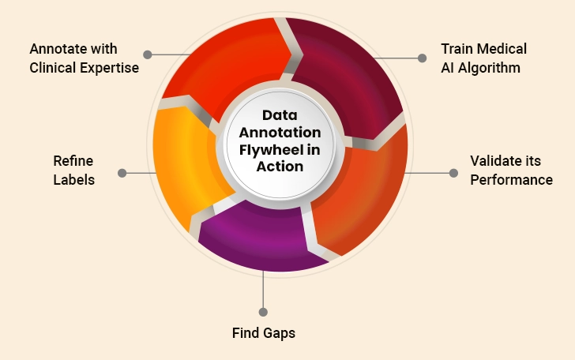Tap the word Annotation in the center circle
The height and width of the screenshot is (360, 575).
(x=280, y=132)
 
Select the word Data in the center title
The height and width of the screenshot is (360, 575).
(x=280, y=115)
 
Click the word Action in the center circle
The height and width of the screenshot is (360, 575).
(x=280, y=166)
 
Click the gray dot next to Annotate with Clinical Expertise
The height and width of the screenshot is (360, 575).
(x=148, y=54)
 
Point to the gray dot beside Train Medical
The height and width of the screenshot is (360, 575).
(x=423, y=58)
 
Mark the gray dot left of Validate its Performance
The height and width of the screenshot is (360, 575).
(x=453, y=171)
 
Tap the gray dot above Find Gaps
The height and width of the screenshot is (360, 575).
(x=264, y=312)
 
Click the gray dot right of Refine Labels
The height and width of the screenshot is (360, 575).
(x=122, y=172)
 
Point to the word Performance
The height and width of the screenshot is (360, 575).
(x=511, y=180)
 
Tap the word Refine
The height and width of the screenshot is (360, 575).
(x=73, y=161)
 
